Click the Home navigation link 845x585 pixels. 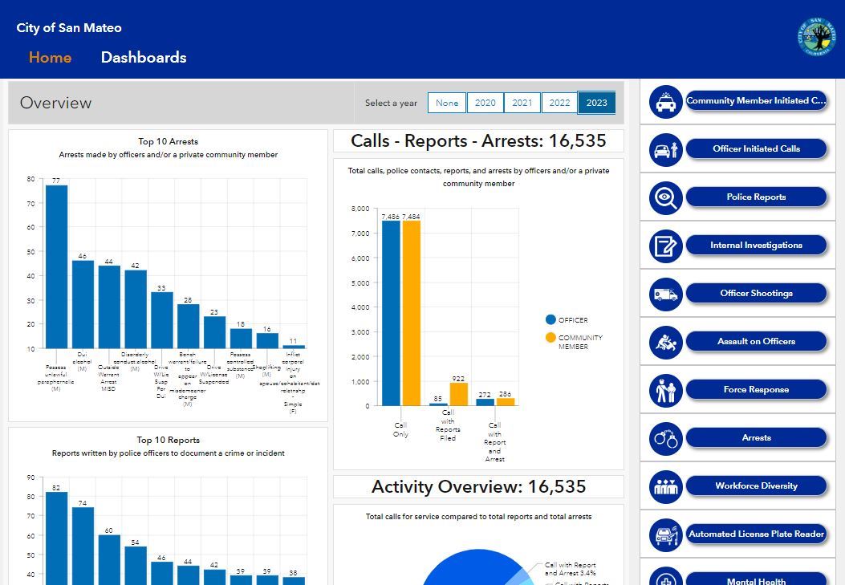50,58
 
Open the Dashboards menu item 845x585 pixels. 144,58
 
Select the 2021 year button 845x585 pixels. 522,103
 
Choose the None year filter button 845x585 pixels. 447,103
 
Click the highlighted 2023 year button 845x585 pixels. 596,103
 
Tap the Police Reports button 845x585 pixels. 756,197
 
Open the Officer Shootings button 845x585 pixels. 756,294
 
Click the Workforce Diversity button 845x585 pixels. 756,486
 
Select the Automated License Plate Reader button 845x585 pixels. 756,534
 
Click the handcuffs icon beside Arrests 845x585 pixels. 665,439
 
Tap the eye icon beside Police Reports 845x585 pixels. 665,198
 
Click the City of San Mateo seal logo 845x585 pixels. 815,37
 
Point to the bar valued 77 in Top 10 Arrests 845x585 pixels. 56,266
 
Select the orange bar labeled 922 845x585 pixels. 458,394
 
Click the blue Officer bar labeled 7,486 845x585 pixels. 391,313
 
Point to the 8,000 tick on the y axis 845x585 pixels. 360,209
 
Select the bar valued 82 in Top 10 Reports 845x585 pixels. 56,538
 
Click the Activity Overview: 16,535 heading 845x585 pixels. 478,487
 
